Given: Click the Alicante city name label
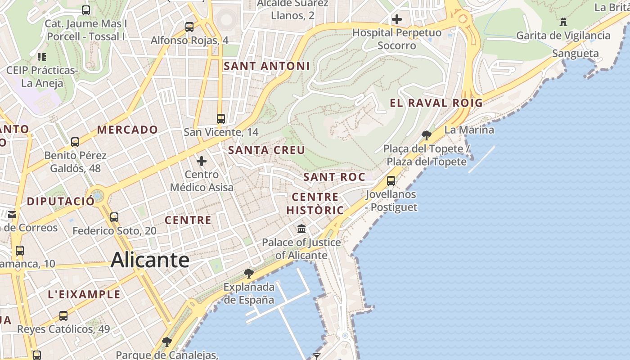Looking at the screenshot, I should (150, 260).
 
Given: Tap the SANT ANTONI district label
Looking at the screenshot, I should (266, 66).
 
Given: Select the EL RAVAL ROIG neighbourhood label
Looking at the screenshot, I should (436, 103).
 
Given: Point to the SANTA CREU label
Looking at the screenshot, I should (266, 150).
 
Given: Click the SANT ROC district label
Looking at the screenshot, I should (334, 177).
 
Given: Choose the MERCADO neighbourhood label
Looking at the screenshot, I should (128, 130).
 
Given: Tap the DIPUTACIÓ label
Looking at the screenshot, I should (61, 201).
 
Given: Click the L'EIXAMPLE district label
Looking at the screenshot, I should (84, 295).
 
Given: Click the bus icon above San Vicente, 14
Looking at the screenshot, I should (220, 119).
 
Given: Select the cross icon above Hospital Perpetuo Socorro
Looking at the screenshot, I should (396, 19).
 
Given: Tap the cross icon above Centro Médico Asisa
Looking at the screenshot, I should (202, 161).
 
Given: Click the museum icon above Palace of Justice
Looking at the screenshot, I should (301, 229).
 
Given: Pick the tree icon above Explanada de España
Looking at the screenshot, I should (248, 273).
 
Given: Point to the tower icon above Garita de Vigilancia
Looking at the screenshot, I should (563, 22).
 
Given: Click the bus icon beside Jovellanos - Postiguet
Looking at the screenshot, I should (391, 181).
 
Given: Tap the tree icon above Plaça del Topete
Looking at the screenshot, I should (426, 135).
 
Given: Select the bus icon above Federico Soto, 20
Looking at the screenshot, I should (114, 217).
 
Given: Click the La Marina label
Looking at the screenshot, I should (469, 130).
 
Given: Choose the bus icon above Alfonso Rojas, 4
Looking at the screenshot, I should (189, 27).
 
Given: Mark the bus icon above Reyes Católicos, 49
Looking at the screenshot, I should (63, 315).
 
